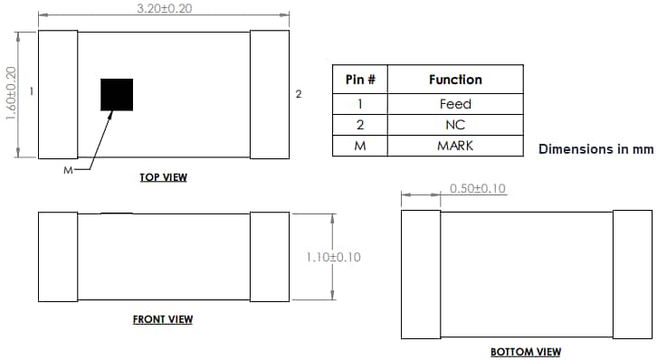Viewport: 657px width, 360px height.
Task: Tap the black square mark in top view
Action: point(117,95)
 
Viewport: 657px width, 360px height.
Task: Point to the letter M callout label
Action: point(68,169)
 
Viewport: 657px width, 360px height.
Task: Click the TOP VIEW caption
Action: point(163,177)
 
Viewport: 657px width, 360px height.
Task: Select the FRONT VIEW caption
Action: point(163,319)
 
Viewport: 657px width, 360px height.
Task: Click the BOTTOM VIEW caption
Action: point(526,352)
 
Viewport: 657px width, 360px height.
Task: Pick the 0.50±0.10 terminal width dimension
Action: point(478,189)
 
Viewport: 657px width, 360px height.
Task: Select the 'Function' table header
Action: point(455,80)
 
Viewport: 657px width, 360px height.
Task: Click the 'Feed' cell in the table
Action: point(455,104)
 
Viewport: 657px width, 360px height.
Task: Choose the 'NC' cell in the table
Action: point(455,125)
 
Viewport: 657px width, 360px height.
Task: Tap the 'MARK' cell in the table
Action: point(455,146)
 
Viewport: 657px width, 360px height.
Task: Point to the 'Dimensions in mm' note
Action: point(596,148)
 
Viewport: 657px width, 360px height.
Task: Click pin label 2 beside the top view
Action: point(299,93)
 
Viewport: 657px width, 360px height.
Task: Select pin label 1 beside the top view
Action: point(32,90)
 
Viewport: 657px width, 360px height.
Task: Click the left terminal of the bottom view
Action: point(421,274)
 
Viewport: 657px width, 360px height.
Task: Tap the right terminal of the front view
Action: point(269,258)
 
